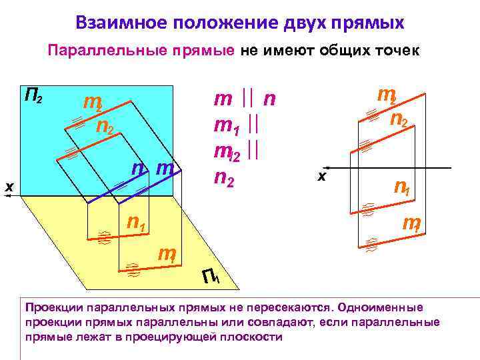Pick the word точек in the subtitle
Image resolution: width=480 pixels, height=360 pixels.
397,51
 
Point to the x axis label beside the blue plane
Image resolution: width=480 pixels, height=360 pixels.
9,187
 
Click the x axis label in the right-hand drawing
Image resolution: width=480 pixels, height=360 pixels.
322,176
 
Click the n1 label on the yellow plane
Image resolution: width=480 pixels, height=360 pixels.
137,222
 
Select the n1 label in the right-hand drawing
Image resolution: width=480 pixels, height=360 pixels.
402,188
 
